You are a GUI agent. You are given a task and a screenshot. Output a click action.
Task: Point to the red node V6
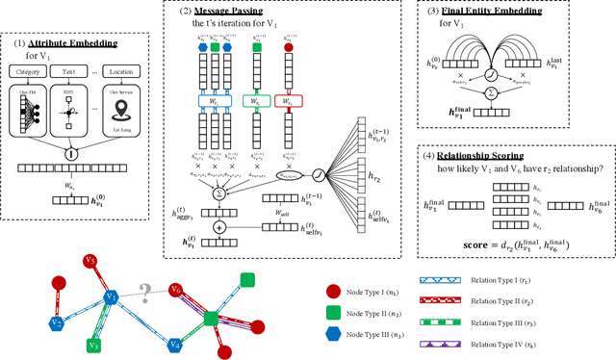[x=176, y=290]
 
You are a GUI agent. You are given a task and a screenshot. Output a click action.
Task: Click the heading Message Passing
[x=218, y=13]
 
